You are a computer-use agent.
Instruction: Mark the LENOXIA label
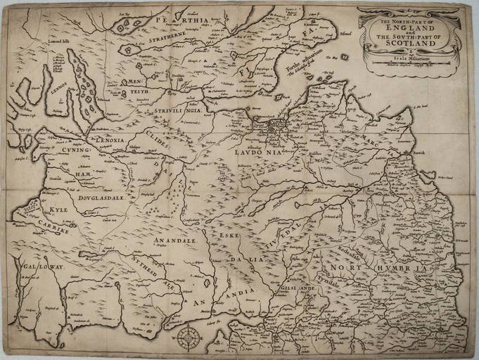click(109, 140)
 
